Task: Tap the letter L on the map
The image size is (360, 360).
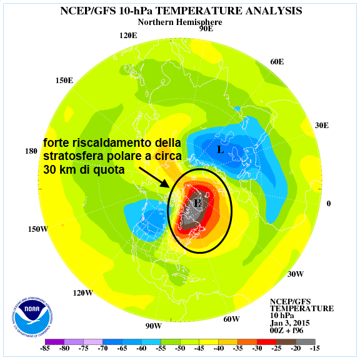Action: click(x=221, y=150)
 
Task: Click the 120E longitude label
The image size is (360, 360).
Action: click(x=128, y=36)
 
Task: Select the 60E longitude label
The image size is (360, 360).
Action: click(x=277, y=62)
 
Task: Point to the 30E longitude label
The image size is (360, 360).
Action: click(x=322, y=126)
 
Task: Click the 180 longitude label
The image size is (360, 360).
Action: click(x=31, y=151)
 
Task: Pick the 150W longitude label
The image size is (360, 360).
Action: click(x=38, y=229)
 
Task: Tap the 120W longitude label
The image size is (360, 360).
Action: click(x=83, y=293)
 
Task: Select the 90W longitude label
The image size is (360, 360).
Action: click(x=153, y=326)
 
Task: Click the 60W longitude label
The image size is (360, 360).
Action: click(x=231, y=319)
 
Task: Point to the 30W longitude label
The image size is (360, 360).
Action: click(x=296, y=274)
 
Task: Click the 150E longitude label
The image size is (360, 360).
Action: click(x=64, y=81)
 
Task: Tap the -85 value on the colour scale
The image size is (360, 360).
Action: click(x=45, y=348)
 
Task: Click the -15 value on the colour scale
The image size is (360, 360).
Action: click(x=315, y=348)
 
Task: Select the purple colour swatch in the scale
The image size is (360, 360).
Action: click(x=54, y=342)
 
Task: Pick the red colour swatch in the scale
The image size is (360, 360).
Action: click(x=267, y=342)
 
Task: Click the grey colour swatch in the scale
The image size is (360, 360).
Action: click(x=306, y=342)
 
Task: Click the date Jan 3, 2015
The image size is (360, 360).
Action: click(x=290, y=323)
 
